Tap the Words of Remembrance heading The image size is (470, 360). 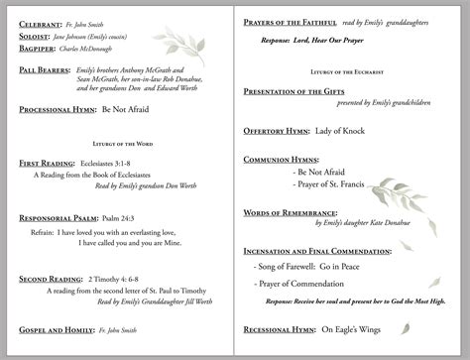pos(291,212)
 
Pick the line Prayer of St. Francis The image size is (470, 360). pos(333,185)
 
